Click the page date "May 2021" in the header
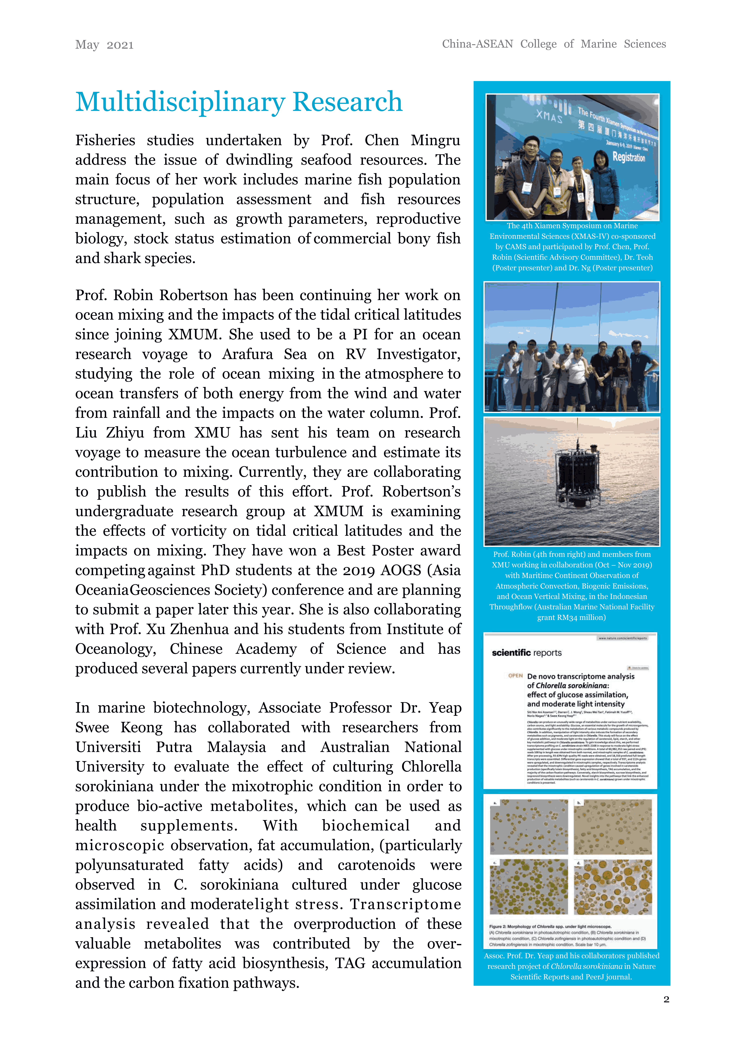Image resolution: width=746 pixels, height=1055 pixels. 104,45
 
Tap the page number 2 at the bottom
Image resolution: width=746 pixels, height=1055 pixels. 666,999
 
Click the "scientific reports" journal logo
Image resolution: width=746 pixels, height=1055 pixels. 526,653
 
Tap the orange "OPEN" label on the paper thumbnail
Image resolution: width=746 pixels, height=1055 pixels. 515,675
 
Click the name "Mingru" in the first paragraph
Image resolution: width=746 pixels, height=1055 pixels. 435,140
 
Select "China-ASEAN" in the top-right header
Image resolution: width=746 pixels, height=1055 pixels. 477,44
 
